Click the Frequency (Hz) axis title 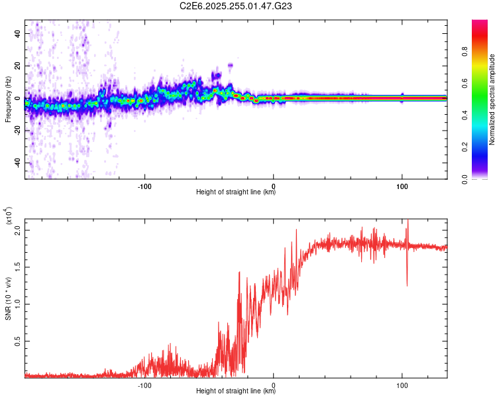(8, 99)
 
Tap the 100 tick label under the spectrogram (402, 186)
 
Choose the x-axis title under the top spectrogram (236, 193)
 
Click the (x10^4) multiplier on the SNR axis (9, 218)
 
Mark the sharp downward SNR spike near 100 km (407, 284)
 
